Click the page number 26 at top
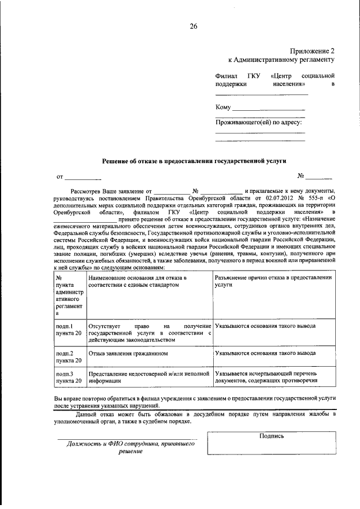[193, 26]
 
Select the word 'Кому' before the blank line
[223, 107]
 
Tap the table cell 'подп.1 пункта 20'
[69, 330]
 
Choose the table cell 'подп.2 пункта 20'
[69, 357]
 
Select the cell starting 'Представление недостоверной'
[149, 377]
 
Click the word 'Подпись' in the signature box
[272, 435]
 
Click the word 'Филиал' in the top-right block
[227, 75]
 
